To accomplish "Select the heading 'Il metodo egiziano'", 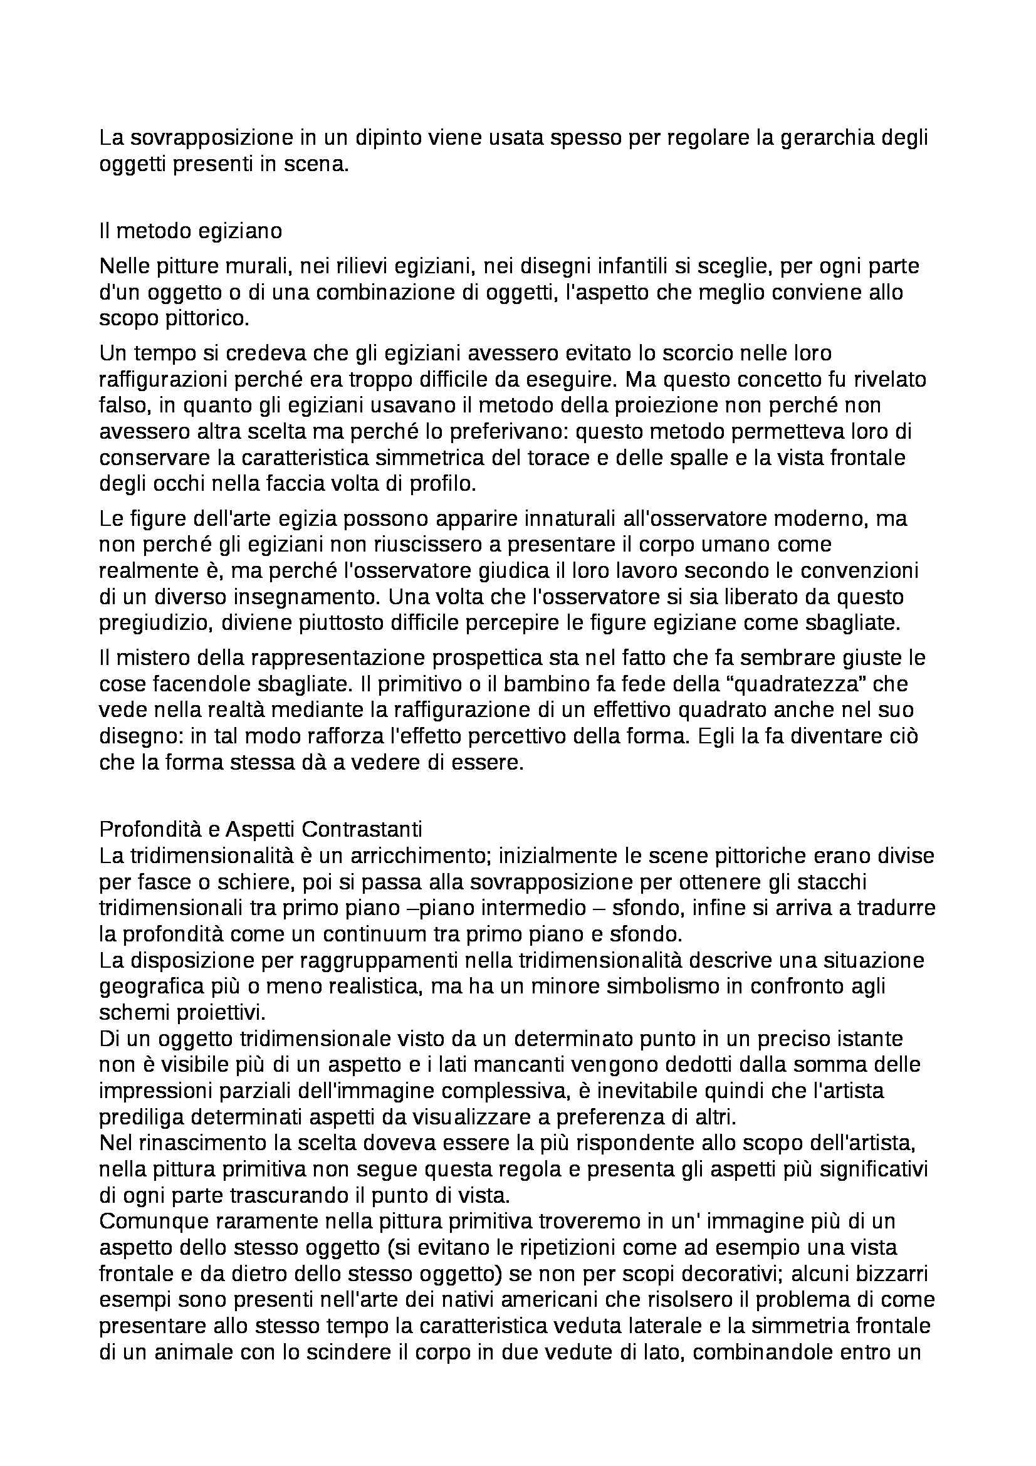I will point(191,231).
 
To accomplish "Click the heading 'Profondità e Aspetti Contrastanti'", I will point(261,829).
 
